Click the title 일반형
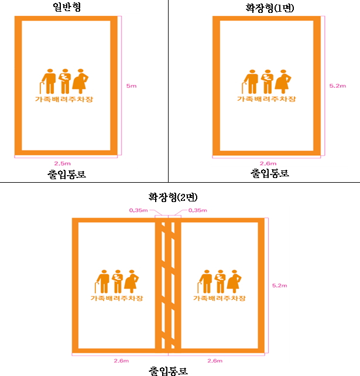click(66, 7)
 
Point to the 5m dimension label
click(132, 86)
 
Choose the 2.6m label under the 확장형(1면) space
click(268, 163)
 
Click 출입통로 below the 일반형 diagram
click(66, 174)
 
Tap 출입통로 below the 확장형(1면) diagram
click(270, 174)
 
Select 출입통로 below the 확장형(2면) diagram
click(169, 370)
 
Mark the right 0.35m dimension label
click(197, 209)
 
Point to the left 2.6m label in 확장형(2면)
click(114, 360)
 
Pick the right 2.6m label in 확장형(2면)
click(215, 360)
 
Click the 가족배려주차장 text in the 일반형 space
click(66, 100)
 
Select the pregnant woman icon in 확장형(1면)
click(285, 82)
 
